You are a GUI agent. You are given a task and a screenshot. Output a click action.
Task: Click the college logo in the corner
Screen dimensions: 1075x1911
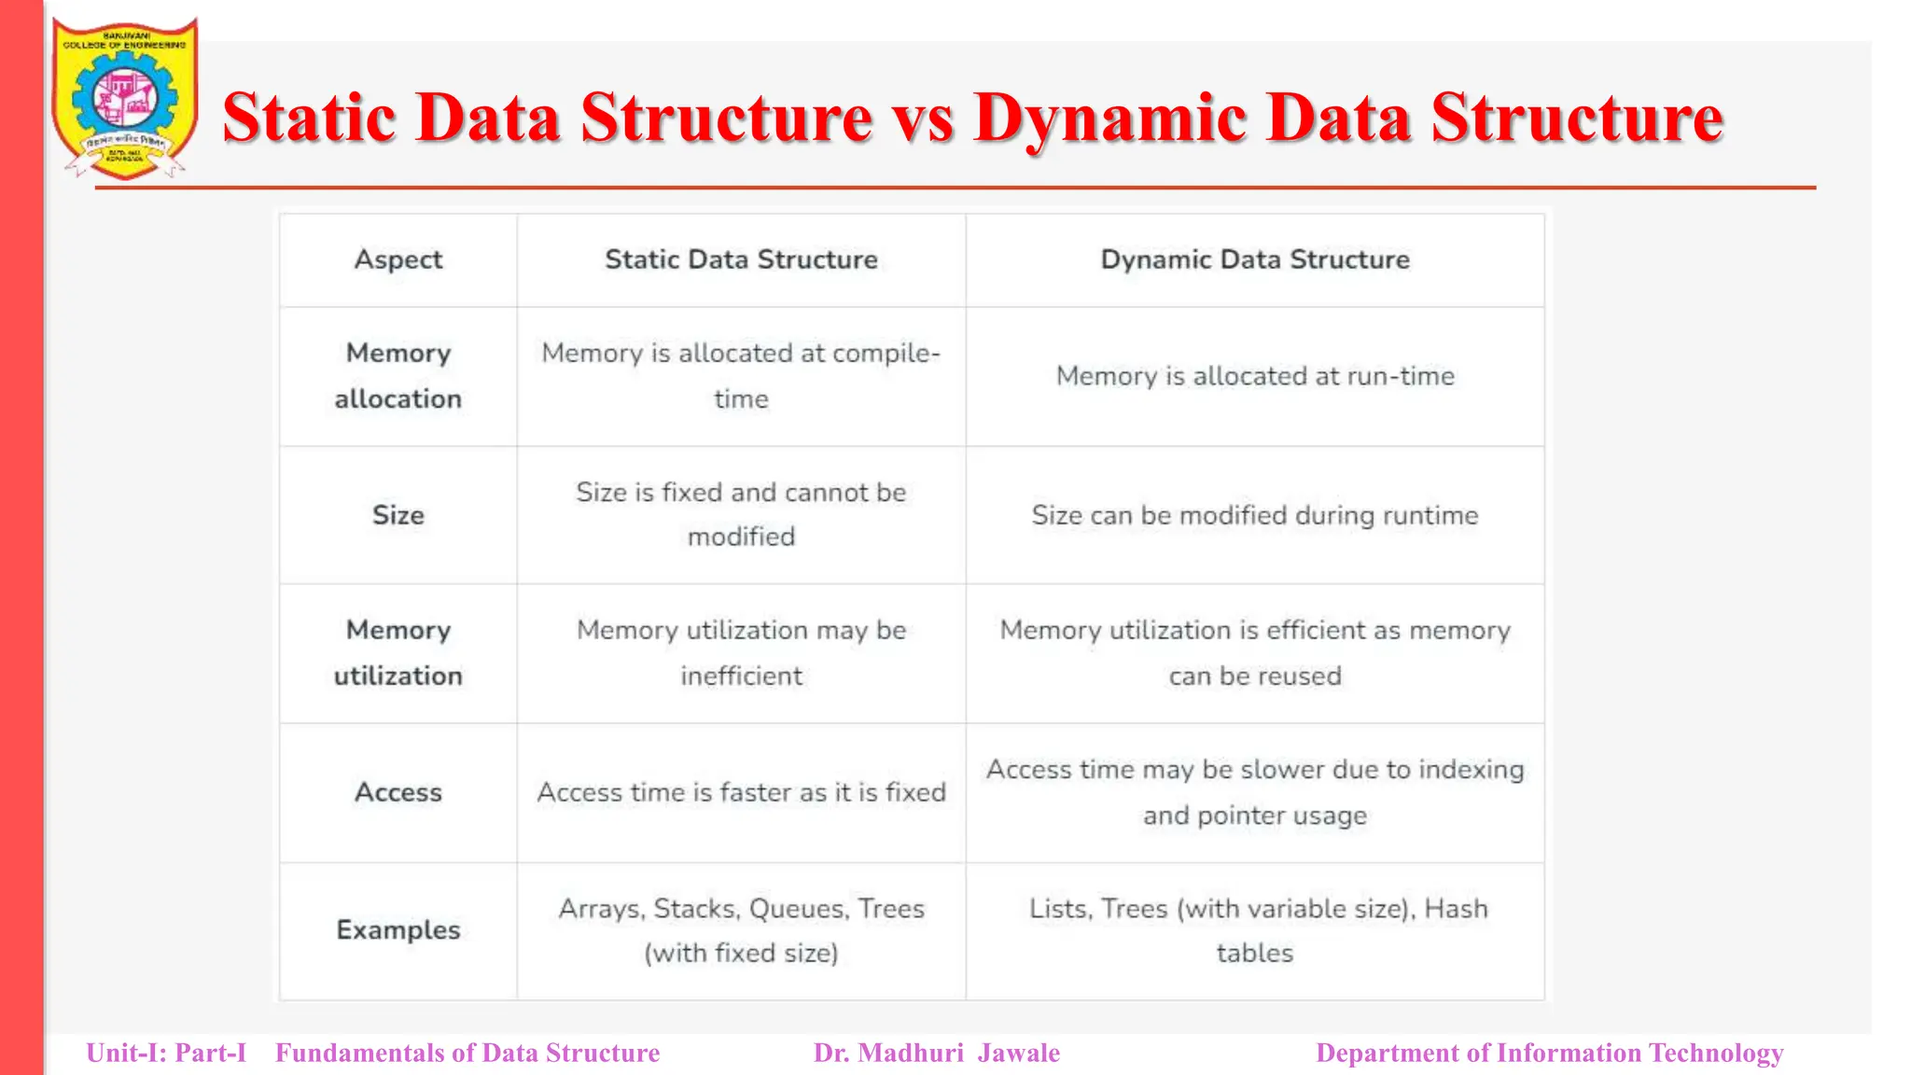coord(125,98)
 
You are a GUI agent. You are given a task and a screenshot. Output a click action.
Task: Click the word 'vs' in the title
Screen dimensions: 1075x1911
coord(922,119)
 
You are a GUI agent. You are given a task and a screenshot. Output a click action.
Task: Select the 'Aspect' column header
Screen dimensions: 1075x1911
coord(398,259)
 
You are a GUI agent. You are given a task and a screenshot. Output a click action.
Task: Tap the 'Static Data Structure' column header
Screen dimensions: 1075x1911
coord(741,259)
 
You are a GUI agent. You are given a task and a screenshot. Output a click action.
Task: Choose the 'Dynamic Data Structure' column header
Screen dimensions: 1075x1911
coord(1254,259)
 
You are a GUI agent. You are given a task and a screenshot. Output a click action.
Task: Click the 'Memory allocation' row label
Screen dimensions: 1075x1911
coord(398,376)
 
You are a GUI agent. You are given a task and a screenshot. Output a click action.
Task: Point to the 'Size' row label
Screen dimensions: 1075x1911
coord(398,515)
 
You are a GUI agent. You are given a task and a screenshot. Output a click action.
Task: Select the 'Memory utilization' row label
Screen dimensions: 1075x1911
coord(398,653)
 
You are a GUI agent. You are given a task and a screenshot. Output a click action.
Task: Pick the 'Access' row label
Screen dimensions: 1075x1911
coord(398,792)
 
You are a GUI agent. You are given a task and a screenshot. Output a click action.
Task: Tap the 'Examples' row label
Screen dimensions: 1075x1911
coord(398,930)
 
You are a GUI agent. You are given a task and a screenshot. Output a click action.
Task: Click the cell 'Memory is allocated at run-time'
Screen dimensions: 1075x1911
coord(1254,376)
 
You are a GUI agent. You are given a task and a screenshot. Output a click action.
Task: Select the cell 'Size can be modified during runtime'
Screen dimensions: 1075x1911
coord(1254,515)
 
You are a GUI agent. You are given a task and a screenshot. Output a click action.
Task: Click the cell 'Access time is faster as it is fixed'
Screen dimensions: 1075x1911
coord(741,792)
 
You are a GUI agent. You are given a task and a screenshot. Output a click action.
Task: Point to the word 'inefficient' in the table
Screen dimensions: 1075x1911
coord(741,676)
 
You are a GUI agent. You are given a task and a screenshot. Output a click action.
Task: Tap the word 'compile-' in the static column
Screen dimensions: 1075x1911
coord(886,354)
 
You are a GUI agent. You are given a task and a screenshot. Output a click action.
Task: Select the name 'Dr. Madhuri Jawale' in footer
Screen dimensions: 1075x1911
coord(936,1053)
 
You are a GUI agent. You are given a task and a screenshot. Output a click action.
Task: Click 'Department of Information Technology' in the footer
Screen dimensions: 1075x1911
coord(1549,1053)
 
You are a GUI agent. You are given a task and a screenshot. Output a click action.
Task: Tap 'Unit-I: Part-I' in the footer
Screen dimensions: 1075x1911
coord(166,1053)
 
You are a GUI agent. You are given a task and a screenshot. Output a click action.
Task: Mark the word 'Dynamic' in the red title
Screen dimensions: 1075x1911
coord(1109,119)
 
